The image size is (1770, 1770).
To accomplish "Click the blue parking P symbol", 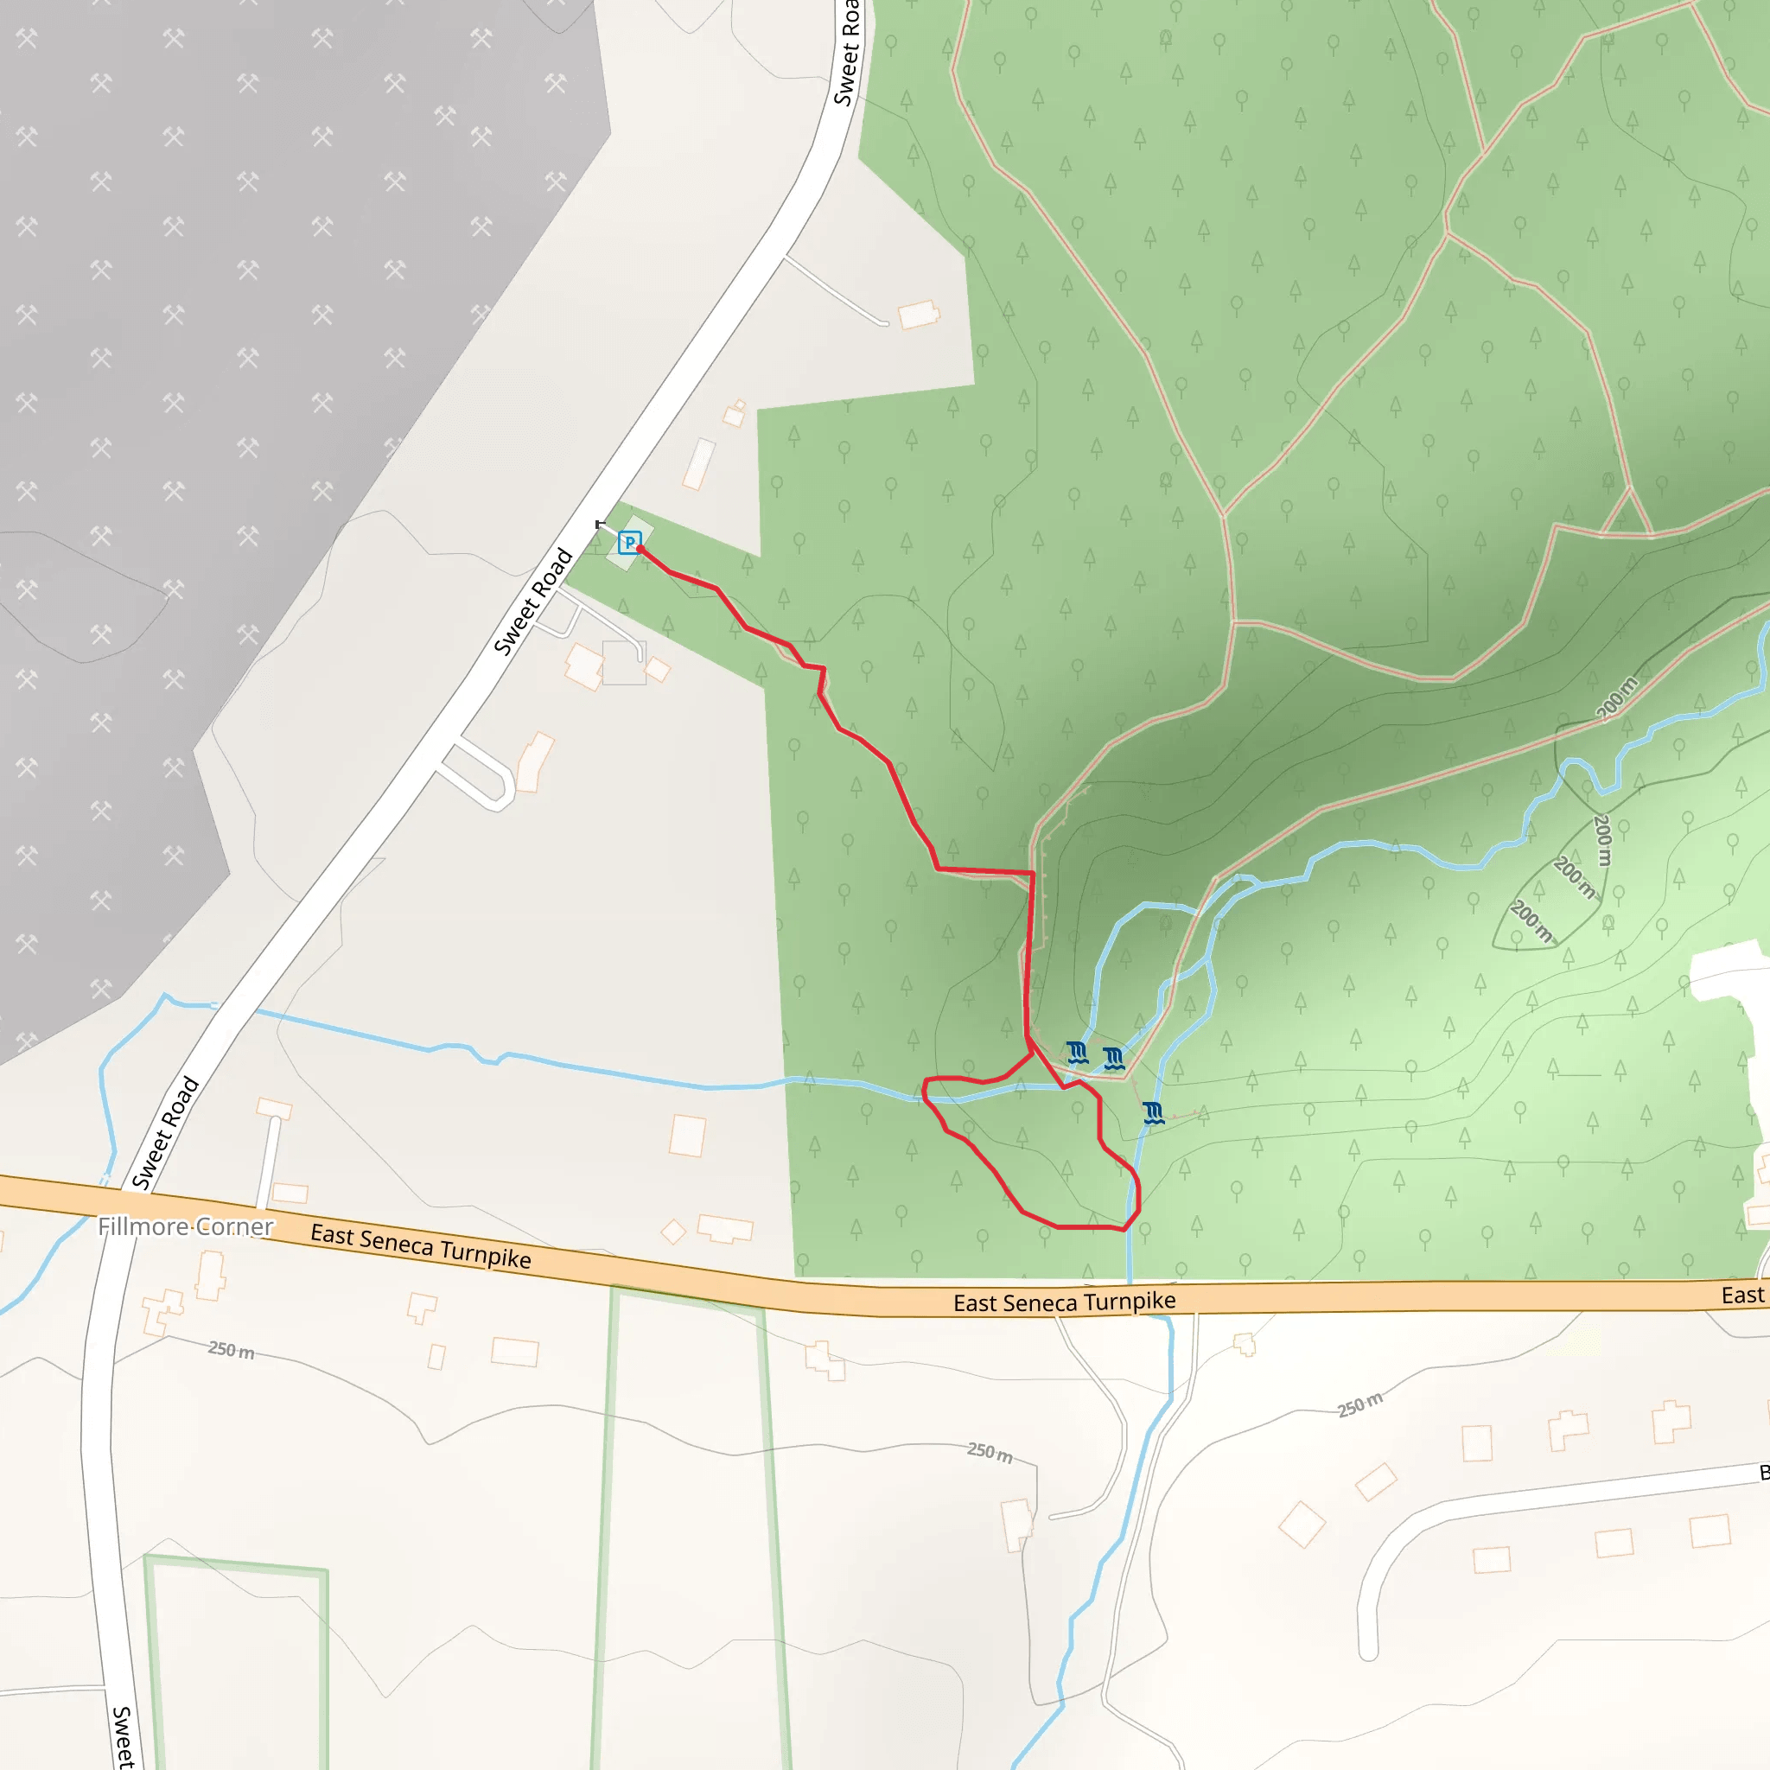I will [x=628, y=543].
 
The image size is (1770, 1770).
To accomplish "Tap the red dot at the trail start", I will [x=640, y=549].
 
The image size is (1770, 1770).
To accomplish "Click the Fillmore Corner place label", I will [x=185, y=1226].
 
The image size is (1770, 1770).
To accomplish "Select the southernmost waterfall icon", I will [x=1154, y=1113].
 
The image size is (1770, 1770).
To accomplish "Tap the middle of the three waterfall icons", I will [x=1114, y=1059].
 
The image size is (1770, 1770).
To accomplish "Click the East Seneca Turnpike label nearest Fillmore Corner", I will [x=421, y=1246].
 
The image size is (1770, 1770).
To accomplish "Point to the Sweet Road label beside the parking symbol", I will [x=533, y=601].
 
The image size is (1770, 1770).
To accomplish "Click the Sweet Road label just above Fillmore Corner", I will [x=165, y=1133].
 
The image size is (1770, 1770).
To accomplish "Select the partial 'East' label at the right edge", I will [x=1742, y=1296].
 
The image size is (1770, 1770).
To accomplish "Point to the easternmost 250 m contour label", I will [x=1359, y=1404].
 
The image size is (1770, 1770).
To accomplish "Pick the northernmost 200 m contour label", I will [x=1616, y=698].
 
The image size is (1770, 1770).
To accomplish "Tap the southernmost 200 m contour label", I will [x=1531, y=921].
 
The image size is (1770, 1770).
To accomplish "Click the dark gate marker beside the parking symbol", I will [x=600, y=525].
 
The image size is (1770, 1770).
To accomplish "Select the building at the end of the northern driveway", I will [x=918, y=315].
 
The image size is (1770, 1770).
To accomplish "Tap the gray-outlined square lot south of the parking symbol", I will [x=624, y=662].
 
